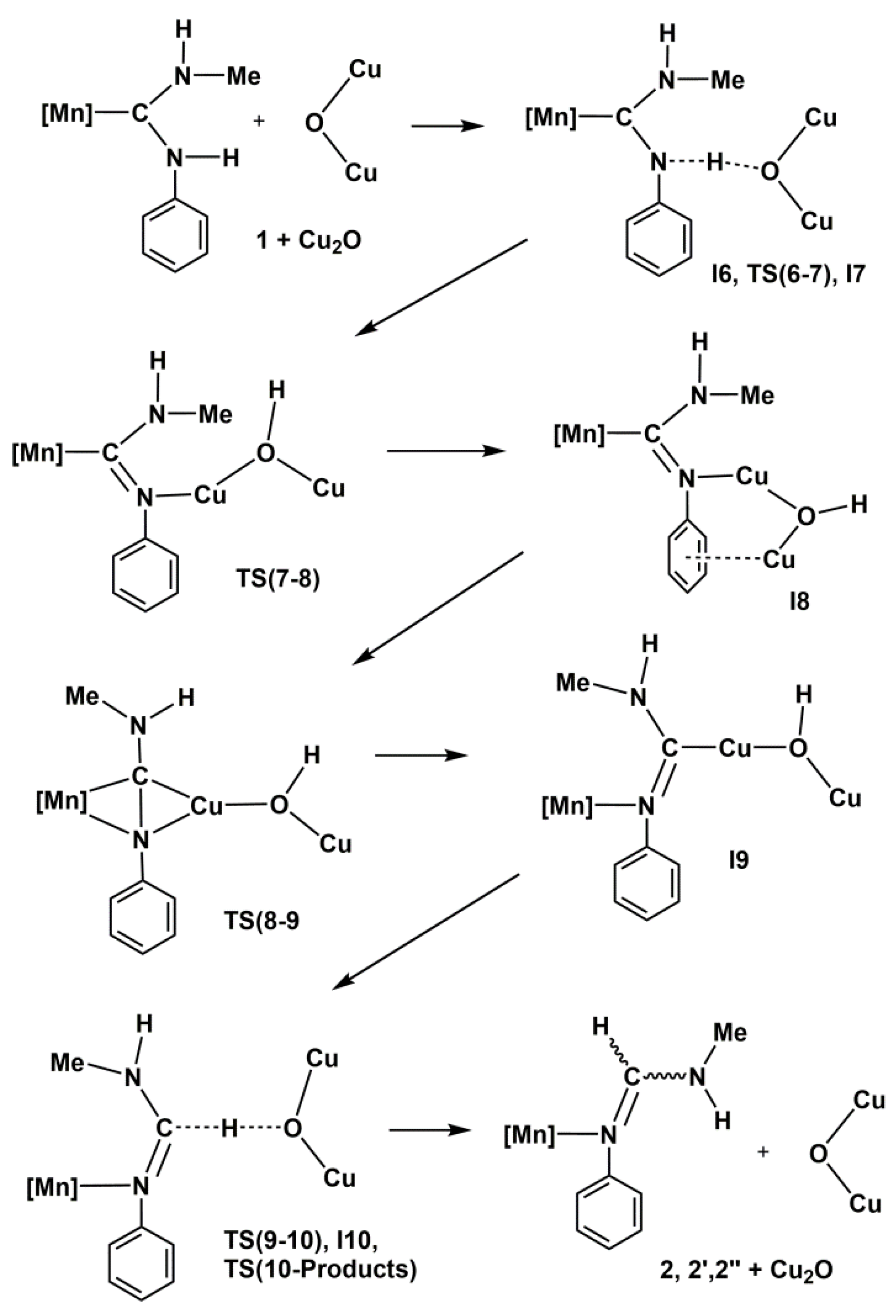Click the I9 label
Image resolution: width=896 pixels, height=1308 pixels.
pyautogui.click(x=739, y=861)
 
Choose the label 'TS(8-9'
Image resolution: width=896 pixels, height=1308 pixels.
pyautogui.click(x=261, y=921)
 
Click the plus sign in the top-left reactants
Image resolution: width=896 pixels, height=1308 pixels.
pyautogui.click(x=259, y=121)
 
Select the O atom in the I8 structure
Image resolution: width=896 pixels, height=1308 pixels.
pyautogui.click(x=806, y=516)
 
